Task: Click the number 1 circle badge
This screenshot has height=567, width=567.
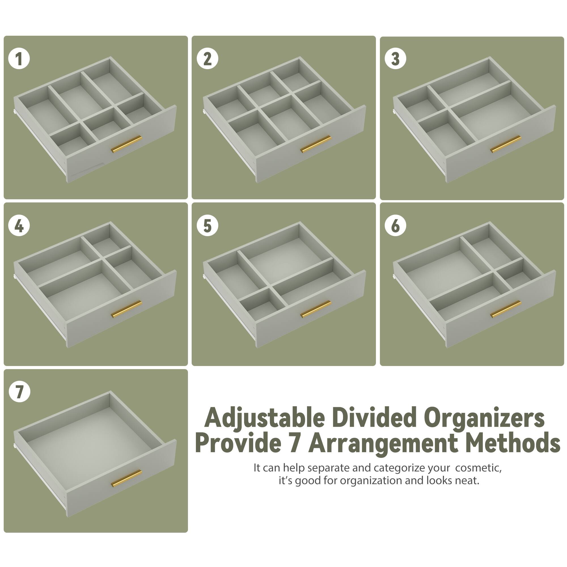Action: tap(19, 59)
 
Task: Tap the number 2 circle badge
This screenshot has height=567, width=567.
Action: tap(208, 59)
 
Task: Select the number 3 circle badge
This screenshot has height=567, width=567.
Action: tap(395, 59)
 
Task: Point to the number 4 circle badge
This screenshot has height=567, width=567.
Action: tap(19, 226)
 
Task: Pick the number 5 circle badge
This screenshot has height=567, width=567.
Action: tap(208, 226)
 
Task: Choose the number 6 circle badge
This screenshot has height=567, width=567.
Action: tap(395, 226)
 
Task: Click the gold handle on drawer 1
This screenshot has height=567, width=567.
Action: tap(126, 144)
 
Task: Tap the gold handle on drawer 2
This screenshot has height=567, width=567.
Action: tap(316, 144)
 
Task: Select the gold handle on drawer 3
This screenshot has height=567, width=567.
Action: tap(506, 144)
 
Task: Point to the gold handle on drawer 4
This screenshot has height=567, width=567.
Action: tap(126, 309)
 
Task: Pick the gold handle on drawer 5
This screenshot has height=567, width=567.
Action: tap(316, 309)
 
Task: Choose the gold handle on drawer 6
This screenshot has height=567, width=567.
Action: tap(506, 309)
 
